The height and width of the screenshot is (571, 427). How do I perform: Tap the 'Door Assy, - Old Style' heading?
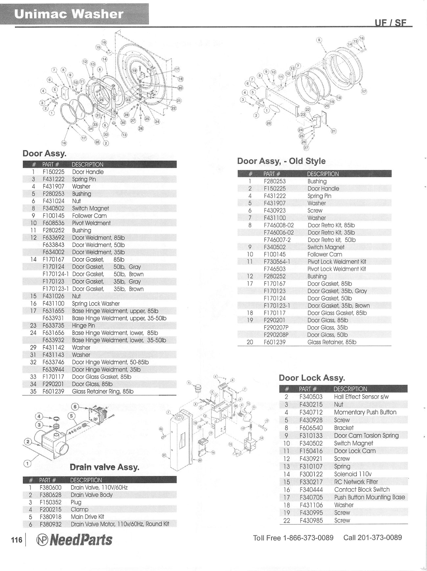(x=281, y=161)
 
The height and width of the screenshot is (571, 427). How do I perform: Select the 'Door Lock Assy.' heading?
(x=312, y=378)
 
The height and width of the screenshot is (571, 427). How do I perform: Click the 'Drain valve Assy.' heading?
(x=104, y=467)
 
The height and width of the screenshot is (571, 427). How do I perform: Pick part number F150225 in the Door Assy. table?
(x=53, y=172)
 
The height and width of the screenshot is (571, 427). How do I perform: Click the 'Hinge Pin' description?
(x=83, y=326)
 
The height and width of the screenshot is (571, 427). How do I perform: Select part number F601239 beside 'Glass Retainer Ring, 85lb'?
(x=53, y=391)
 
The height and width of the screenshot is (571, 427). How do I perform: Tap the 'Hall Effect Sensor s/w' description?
(x=361, y=397)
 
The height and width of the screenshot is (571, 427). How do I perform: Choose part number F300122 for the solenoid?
(x=311, y=474)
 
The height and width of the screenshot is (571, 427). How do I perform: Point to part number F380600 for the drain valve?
(x=51, y=488)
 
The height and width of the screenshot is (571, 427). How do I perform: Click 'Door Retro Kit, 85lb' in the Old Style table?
(x=331, y=225)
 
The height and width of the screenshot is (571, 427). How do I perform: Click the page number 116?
(x=16, y=540)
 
